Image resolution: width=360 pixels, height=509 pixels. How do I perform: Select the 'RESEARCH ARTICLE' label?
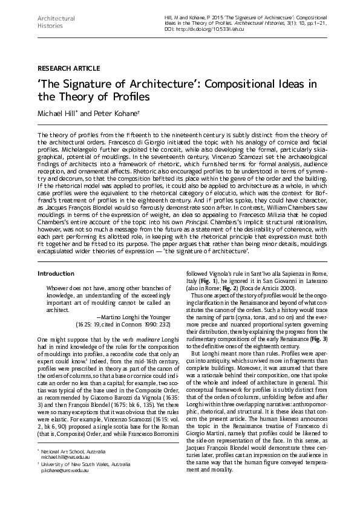coord(68,68)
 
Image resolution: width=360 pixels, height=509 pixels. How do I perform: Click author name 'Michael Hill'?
coord(58,114)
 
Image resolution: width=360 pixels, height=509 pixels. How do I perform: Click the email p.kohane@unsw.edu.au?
coord(65,487)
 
